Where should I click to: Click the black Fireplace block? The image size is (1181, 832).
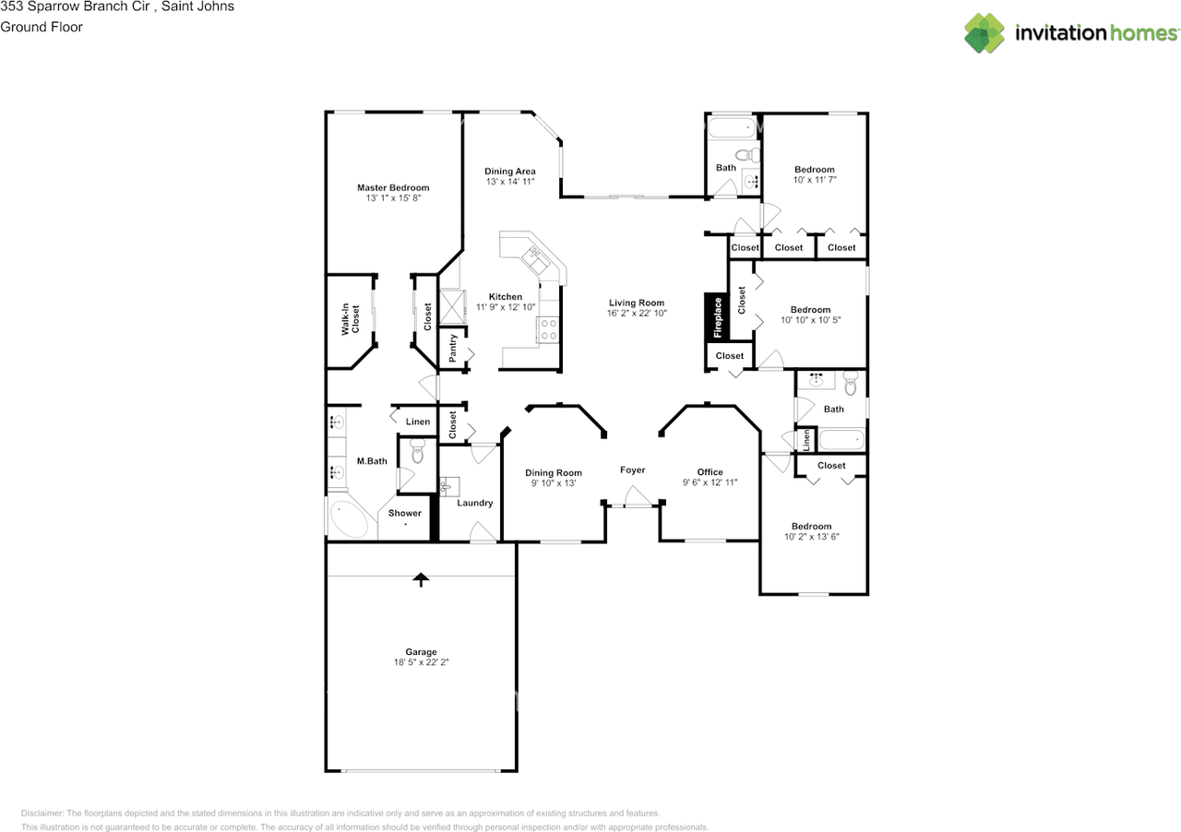(x=716, y=317)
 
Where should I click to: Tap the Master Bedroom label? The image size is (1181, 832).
(x=393, y=187)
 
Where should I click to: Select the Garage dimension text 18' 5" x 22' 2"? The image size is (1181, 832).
(x=421, y=662)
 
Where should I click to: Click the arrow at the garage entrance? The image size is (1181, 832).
(x=421, y=579)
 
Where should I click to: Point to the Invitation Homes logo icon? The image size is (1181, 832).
(x=984, y=33)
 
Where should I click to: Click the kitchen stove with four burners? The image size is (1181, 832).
(x=548, y=329)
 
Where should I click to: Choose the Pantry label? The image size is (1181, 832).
(x=453, y=347)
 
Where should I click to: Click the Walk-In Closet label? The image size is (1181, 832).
(x=350, y=318)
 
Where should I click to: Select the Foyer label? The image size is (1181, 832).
(x=632, y=470)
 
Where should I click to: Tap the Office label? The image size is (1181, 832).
(x=710, y=472)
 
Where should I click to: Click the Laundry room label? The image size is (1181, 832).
(x=475, y=503)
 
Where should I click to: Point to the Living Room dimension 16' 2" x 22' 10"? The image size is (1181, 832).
(x=637, y=314)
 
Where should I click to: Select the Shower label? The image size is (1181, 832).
(x=404, y=513)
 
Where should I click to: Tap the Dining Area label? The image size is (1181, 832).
(x=510, y=172)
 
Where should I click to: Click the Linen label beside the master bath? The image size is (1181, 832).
(x=418, y=422)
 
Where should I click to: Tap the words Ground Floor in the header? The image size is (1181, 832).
(x=42, y=27)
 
